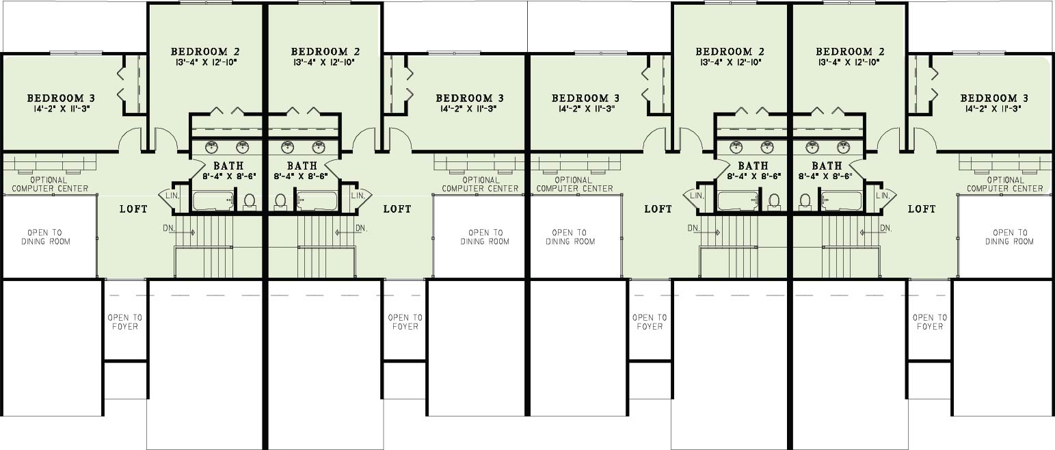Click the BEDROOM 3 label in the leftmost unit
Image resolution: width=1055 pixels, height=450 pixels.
(61, 98)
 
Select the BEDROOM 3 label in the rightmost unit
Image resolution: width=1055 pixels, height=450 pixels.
(994, 98)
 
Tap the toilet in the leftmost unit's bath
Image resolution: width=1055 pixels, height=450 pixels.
(249, 201)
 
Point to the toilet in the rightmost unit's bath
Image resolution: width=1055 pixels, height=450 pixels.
(805, 201)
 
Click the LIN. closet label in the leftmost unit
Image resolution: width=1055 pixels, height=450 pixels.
(172, 196)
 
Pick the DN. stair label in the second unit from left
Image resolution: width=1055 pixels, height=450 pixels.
(361, 228)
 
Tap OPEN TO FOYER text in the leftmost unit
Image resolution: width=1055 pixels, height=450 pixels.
(125, 322)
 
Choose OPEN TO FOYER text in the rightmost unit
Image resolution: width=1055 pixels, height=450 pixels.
(930, 322)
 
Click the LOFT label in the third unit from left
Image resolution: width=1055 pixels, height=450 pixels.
(658, 209)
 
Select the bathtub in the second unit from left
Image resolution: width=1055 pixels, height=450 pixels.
(317, 201)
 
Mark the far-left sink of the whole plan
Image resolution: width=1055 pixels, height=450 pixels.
(212, 148)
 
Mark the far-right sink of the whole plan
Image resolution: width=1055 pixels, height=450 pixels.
(844, 148)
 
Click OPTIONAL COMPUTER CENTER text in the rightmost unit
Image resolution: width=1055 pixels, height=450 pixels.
(1005, 184)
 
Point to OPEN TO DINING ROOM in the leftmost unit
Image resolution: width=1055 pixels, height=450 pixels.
(45, 237)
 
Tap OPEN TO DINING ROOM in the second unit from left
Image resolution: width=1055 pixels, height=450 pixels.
(485, 237)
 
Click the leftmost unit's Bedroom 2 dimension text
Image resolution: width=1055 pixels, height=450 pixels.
(205, 62)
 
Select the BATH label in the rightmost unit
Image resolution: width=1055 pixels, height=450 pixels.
(827, 166)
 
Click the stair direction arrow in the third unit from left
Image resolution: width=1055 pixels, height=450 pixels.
(710, 233)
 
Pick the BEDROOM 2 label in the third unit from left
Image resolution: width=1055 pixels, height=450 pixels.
(730, 51)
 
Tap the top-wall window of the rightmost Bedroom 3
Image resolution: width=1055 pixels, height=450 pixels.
(979, 53)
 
